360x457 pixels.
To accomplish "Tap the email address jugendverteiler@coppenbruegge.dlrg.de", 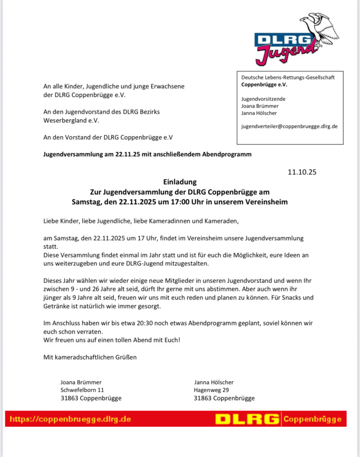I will [x=289, y=127].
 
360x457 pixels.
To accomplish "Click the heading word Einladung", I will [x=180, y=182].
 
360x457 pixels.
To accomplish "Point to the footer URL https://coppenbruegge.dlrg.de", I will [x=70, y=419].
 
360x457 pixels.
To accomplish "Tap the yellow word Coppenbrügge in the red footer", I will [x=312, y=419].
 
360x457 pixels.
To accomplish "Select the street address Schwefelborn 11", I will [x=82, y=390].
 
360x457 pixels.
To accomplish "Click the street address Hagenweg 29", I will [x=211, y=390].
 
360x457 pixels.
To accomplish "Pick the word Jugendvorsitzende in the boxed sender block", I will [x=263, y=99].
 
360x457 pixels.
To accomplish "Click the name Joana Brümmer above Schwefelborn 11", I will [x=81, y=382].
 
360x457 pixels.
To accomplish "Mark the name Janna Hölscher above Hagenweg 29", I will [x=214, y=382].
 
